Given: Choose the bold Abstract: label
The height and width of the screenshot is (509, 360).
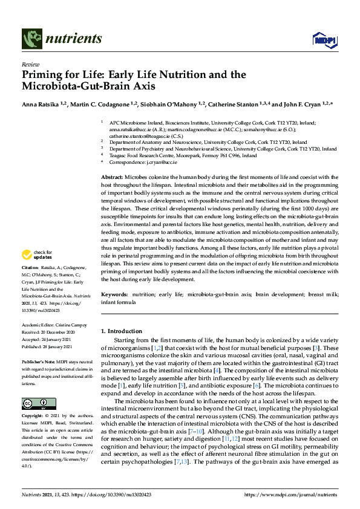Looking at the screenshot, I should point(114,175).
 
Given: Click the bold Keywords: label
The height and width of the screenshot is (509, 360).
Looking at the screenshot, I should point(116,294).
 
